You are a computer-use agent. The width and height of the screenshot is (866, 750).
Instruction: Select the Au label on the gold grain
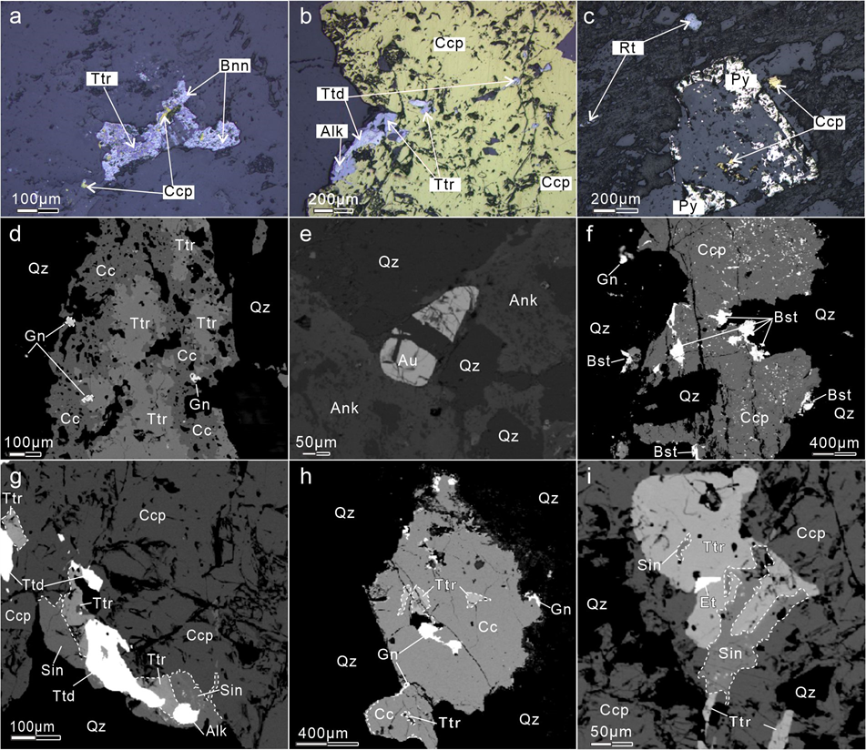coord(408,360)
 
